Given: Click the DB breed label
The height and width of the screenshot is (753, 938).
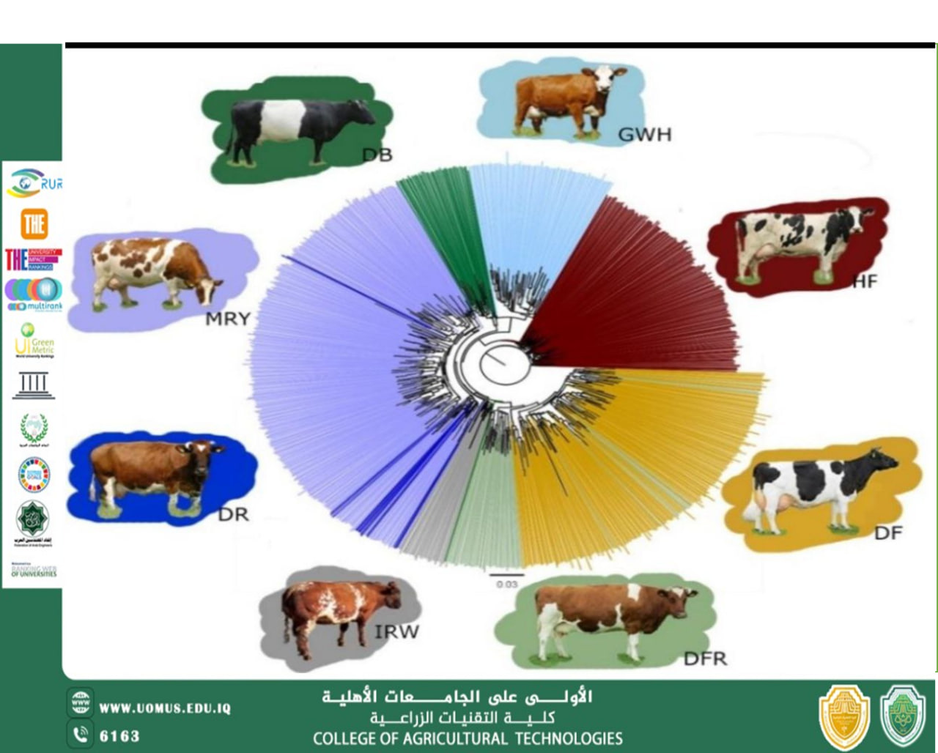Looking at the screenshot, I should click(377, 155).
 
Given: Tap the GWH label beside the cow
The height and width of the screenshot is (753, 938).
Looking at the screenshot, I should click(644, 135).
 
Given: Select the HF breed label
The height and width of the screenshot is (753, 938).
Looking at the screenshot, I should click(865, 281).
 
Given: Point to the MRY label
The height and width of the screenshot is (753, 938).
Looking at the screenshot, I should click(227, 319).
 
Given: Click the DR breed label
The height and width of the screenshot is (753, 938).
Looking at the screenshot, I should click(233, 514).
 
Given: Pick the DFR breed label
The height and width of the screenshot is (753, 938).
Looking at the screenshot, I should click(705, 659).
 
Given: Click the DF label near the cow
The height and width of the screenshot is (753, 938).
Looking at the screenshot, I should click(887, 533).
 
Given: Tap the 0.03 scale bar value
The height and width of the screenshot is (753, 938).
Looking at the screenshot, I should click(506, 585).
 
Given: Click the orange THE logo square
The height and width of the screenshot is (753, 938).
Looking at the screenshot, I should click(34, 224).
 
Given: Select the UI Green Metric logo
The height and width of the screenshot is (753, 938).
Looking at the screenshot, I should click(34, 341).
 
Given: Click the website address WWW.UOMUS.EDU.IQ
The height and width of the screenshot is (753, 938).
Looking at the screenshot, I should click(165, 708).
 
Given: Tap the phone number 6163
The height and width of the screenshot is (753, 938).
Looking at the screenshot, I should click(119, 735).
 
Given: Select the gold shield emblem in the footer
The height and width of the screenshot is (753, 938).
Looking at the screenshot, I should click(844, 718).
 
